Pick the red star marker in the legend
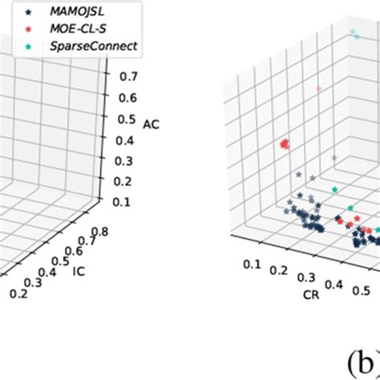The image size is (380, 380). pos(30,30)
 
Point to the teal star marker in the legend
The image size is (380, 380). pos(30,46)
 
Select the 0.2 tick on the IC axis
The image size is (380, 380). pos(16,295)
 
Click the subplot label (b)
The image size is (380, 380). pos(358,359)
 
